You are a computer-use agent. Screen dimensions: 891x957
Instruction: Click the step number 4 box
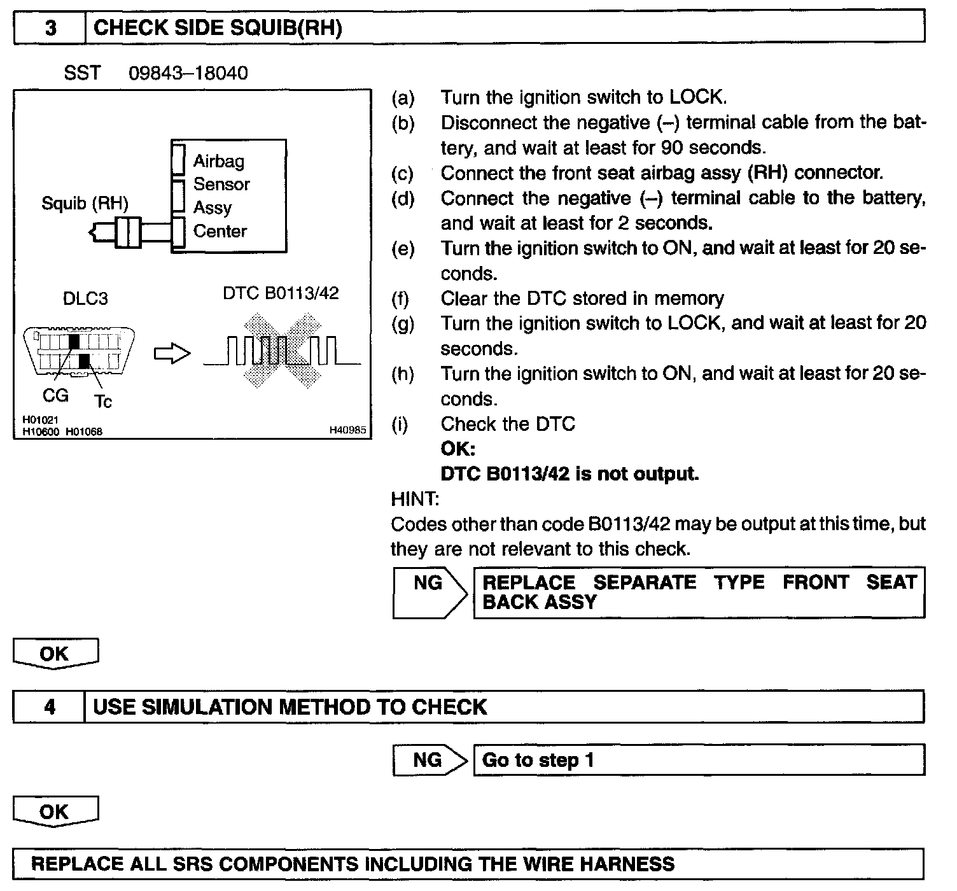(x=50, y=707)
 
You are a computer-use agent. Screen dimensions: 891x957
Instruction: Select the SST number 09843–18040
(x=188, y=73)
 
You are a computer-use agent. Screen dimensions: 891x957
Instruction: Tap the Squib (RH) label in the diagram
(x=85, y=204)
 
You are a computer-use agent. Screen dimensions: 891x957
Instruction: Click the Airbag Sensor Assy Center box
(x=229, y=196)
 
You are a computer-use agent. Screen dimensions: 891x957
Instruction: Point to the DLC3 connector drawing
(x=79, y=352)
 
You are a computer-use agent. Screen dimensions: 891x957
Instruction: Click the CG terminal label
(x=55, y=395)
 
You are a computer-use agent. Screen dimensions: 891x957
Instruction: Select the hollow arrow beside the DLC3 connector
(x=172, y=354)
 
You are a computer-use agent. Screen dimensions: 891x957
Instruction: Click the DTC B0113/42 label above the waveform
(x=281, y=293)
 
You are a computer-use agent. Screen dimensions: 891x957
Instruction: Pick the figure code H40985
(x=347, y=431)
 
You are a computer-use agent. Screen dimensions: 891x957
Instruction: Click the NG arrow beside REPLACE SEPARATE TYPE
(x=430, y=593)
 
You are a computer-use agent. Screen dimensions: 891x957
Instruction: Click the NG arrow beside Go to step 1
(x=430, y=760)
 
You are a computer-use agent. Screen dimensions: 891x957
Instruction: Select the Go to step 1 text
(x=538, y=760)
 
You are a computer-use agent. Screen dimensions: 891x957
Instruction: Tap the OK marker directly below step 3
(x=55, y=654)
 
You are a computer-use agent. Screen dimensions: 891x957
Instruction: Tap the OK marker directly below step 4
(x=55, y=812)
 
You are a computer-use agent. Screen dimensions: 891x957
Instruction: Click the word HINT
(x=414, y=499)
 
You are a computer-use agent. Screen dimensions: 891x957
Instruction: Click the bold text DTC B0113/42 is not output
(x=569, y=474)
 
